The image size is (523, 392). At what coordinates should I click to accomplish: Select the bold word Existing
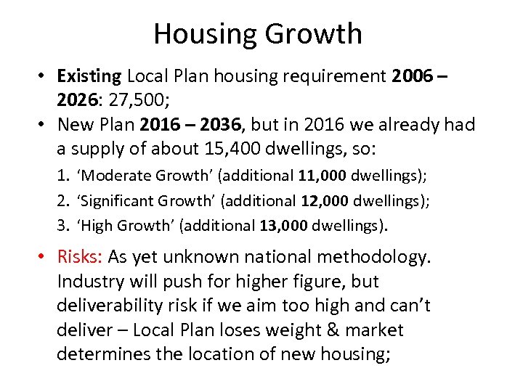click(x=90, y=75)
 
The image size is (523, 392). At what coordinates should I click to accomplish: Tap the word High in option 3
click(x=95, y=225)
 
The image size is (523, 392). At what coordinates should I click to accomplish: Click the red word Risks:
click(x=81, y=256)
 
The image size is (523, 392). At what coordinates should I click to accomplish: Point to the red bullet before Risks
click(x=44, y=257)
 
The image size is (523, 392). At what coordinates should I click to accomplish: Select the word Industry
click(x=90, y=281)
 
